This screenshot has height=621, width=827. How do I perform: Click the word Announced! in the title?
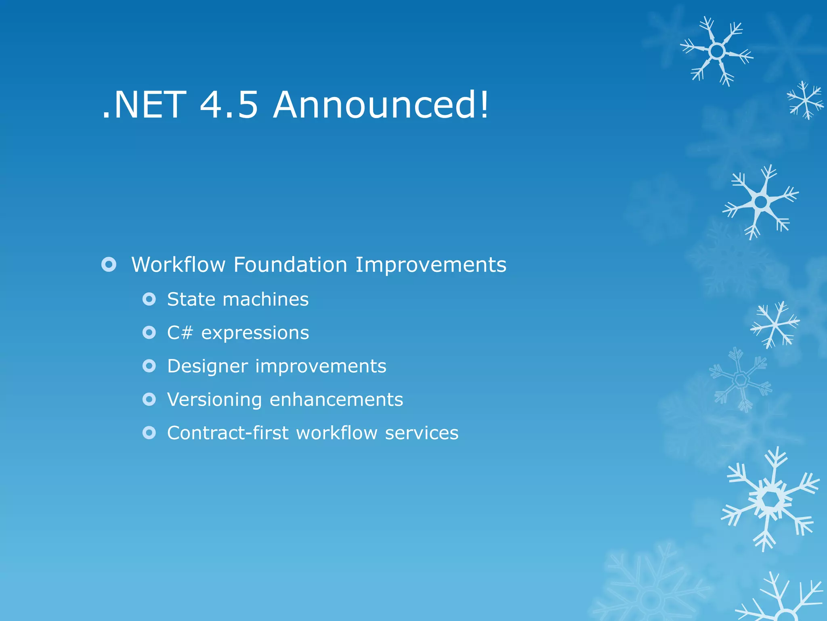[x=381, y=105]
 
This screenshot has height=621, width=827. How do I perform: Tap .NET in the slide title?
[x=144, y=105]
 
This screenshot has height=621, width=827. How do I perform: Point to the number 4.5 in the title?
[x=229, y=105]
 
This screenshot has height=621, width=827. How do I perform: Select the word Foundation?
[x=290, y=265]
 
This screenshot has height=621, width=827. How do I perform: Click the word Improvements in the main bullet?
[x=430, y=265]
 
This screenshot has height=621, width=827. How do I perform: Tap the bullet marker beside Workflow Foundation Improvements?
[x=109, y=265]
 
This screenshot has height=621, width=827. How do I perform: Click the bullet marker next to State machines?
[x=149, y=300]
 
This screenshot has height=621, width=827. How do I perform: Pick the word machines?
[x=265, y=300]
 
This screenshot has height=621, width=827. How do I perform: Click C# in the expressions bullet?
[x=180, y=333]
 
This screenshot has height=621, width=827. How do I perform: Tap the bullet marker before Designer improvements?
[x=149, y=366]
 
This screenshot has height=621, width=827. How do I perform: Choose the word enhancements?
[x=336, y=400]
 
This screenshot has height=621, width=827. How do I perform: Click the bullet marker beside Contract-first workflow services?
[x=149, y=433]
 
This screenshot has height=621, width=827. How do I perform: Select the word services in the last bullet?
[x=422, y=433]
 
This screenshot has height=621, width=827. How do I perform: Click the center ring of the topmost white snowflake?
[x=717, y=51]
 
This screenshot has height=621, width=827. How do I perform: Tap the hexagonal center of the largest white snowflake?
[x=770, y=500]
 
